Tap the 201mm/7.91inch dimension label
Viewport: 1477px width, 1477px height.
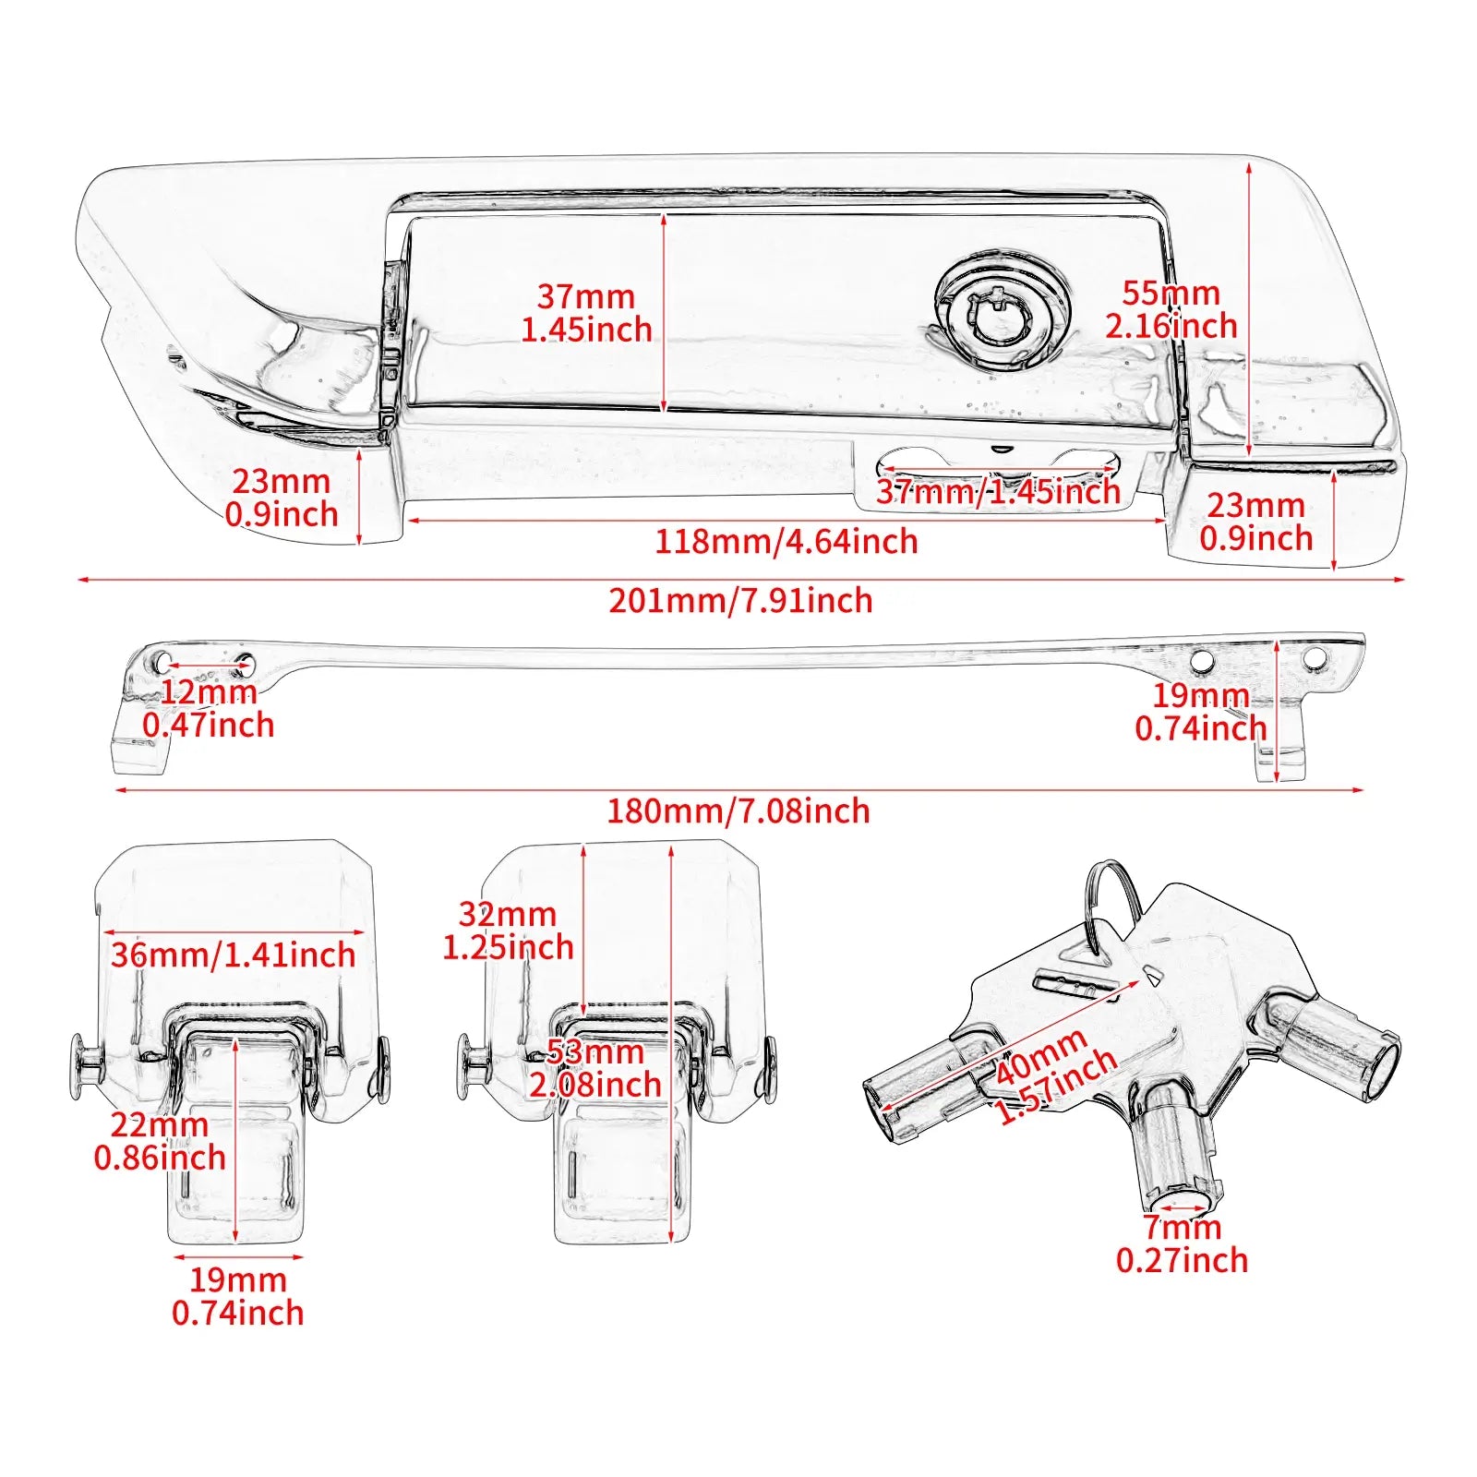[740, 601]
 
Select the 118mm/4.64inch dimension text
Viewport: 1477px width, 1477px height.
[787, 542]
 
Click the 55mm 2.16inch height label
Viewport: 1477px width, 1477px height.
[1171, 309]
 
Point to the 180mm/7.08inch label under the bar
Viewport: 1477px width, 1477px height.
[738, 811]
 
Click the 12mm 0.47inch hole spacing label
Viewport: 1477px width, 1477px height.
[209, 709]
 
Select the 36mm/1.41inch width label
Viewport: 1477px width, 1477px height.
[233, 955]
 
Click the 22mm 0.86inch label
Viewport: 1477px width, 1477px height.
[160, 1141]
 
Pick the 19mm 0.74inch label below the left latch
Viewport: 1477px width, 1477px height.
[238, 1296]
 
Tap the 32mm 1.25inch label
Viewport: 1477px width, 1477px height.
[508, 931]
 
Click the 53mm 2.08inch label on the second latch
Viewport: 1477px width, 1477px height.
[595, 1068]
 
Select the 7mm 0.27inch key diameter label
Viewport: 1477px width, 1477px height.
[1182, 1243]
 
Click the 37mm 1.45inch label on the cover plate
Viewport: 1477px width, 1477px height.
[586, 313]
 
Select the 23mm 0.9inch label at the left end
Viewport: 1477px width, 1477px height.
[282, 498]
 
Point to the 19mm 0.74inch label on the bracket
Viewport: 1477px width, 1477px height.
[1200, 713]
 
